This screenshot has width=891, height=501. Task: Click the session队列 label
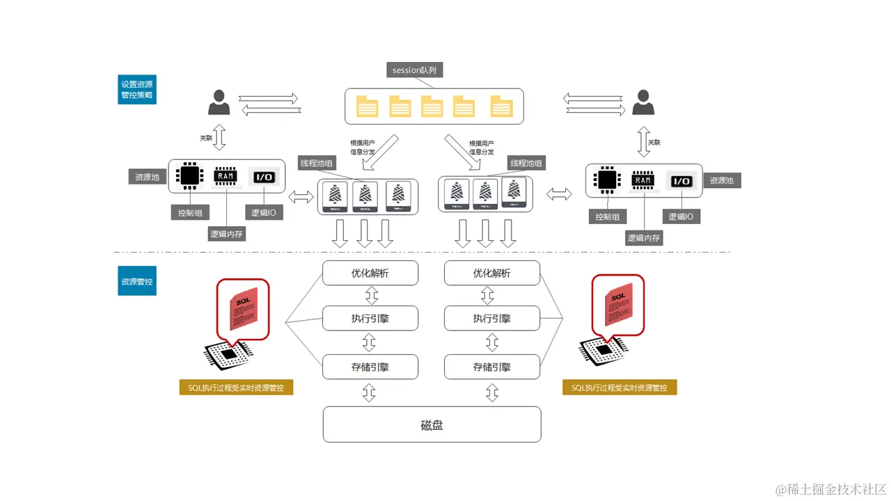415,70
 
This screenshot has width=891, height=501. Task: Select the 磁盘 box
432,424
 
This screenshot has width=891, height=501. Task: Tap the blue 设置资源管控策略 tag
137,90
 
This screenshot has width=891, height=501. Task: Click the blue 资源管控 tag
137,282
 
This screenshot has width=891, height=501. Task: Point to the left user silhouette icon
219,102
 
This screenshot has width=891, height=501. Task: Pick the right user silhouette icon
642,102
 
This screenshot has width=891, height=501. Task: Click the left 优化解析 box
370,273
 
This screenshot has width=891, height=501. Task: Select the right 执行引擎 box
492,319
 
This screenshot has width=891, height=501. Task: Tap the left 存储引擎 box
370,367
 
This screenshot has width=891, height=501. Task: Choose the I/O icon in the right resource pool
681,181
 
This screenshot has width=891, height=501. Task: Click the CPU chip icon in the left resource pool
189,176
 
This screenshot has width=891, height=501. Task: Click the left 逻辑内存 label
228,234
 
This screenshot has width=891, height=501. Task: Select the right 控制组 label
607,216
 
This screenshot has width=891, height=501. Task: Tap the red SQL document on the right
619,305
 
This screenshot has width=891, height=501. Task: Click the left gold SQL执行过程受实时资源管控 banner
236,388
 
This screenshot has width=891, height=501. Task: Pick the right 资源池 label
722,180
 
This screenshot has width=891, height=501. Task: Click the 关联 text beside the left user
206,138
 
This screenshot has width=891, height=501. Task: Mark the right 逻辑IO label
681,216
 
